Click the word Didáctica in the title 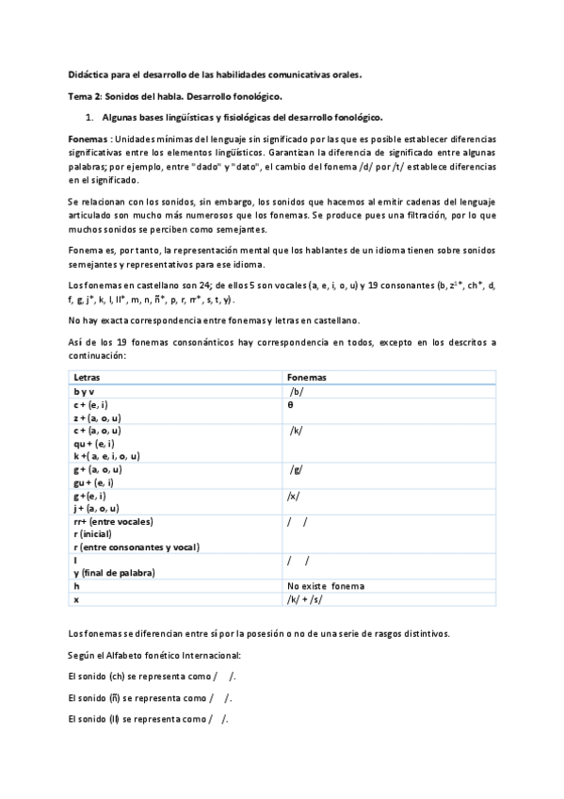pyautogui.click(x=89, y=73)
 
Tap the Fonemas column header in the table pyautogui.click(x=307, y=377)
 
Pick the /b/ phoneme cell pyautogui.click(x=297, y=390)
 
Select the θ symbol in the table pyautogui.click(x=290, y=403)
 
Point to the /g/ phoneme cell pyautogui.click(x=297, y=468)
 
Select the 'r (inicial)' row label pyautogui.click(x=94, y=533)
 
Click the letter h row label pyautogui.click(x=75, y=585)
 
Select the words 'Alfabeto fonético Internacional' pyautogui.click(x=179, y=655)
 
